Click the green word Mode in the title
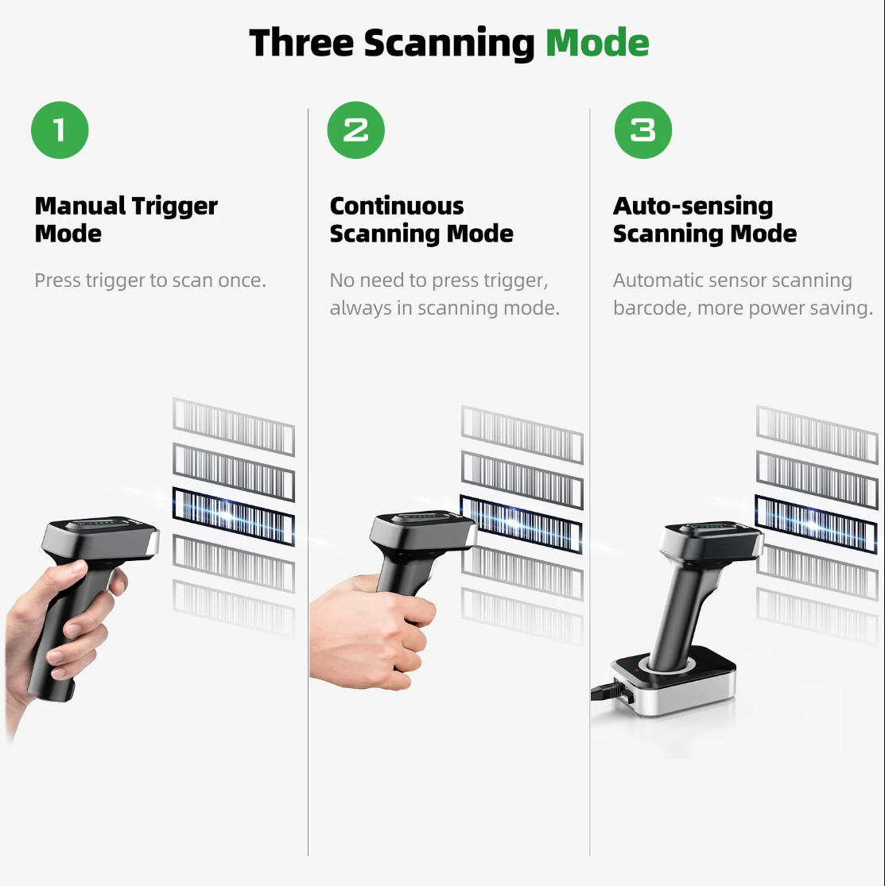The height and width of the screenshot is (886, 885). click(597, 43)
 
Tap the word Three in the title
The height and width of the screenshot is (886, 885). click(302, 43)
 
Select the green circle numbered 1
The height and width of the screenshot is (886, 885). click(60, 130)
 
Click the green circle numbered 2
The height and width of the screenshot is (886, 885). click(355, 130)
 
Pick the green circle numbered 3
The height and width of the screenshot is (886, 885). click(642, 130)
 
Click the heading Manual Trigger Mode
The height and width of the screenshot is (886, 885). click(126, 219)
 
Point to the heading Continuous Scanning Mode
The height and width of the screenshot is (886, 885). click(421, 219)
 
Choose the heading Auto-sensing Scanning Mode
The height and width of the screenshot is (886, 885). click(704, 219)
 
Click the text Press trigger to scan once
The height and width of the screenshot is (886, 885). click(150, 281)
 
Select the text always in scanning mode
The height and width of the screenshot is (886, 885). click(444, 308)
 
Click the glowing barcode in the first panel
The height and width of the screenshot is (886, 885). click(233, 517)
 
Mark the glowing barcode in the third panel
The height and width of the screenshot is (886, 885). click(815, 520)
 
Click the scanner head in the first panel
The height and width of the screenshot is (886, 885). click(100, 540)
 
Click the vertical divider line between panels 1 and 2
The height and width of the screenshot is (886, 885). click(308, 477)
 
